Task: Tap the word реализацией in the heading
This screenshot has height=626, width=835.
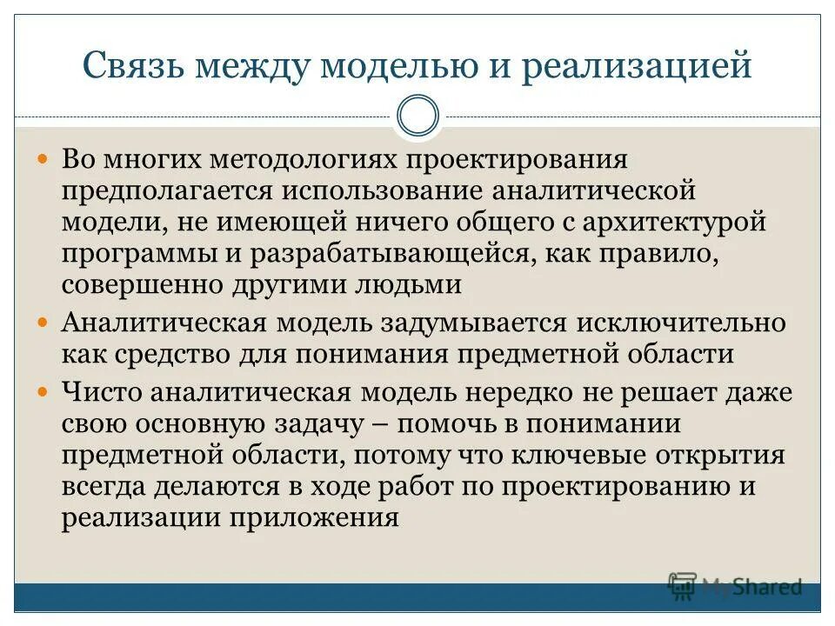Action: click(x=636, y=67)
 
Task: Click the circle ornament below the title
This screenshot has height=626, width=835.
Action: click(x=417, y=116)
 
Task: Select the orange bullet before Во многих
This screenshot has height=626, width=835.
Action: click(x=46, y=162)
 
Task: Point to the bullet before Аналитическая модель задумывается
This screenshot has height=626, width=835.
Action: click(x=46, y=322)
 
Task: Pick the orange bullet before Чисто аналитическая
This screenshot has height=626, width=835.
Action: click(x=46, y=391)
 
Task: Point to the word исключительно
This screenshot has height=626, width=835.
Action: click(x=679, y=323)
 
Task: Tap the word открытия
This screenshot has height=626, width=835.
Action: click(x=718, y=455)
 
